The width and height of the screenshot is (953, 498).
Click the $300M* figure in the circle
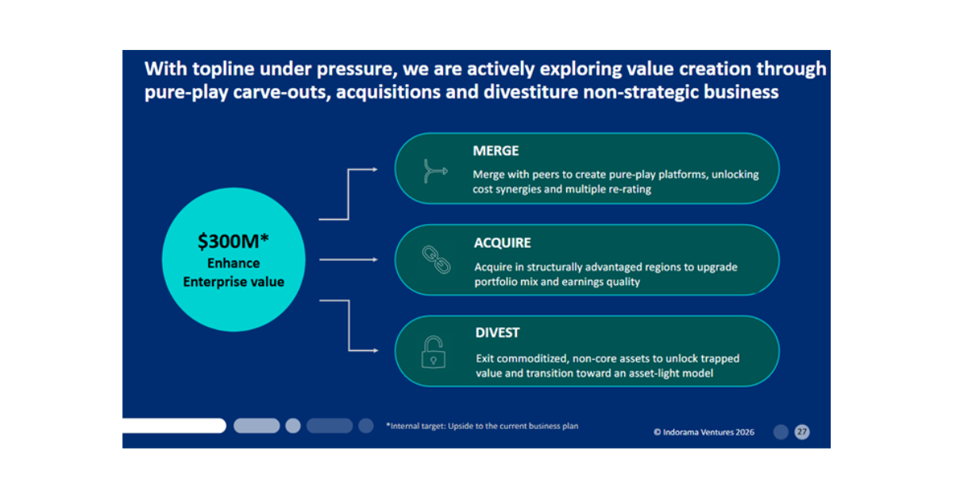pos(233,241)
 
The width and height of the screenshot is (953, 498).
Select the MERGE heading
pos(496,151)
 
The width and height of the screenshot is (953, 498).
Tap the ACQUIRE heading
pos(503,243)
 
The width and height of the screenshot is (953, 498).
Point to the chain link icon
pos(435,261)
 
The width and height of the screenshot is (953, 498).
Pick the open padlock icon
pos(434,352)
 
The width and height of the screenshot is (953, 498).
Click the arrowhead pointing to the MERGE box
pos(375,169)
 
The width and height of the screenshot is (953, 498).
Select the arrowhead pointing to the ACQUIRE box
pos(375,259)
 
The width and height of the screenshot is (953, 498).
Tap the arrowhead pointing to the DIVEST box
pos(375,349)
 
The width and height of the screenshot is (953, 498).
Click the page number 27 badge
pos(802,432)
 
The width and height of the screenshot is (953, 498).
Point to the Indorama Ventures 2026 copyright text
pos(704,432)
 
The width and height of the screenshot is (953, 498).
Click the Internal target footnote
pos(482,427)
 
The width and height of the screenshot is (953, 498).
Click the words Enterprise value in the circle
pos(233,281)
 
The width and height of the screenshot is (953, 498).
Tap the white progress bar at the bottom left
pos(174,426)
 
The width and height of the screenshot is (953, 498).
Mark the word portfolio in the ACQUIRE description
pos(494,281)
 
